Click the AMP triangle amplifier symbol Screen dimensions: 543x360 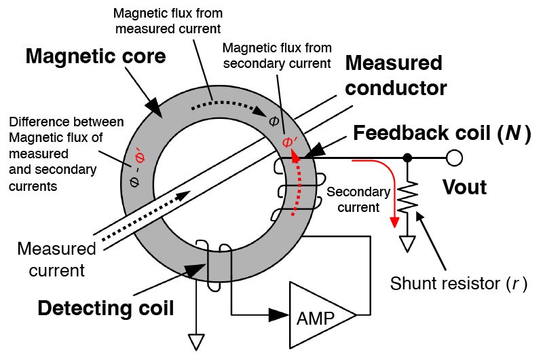322,314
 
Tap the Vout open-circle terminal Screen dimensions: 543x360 454,158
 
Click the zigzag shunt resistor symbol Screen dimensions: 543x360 408,197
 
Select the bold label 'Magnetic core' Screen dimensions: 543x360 96,56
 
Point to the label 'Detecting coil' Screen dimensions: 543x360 106,308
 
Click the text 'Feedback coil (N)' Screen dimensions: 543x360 443,133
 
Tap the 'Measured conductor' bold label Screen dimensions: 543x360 396,75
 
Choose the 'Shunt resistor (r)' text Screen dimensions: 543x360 459,283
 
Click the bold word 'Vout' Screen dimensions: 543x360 465,187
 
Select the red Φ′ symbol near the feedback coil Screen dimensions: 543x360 289,142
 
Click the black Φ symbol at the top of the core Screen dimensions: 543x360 274,121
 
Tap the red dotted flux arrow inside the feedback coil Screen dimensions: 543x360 297,183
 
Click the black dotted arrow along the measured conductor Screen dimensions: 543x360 145,215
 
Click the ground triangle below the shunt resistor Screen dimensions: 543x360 407,243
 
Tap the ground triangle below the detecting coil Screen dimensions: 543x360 196,342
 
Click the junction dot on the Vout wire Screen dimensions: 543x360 408,158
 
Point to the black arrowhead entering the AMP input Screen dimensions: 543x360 278,314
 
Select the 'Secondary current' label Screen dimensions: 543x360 359,199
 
